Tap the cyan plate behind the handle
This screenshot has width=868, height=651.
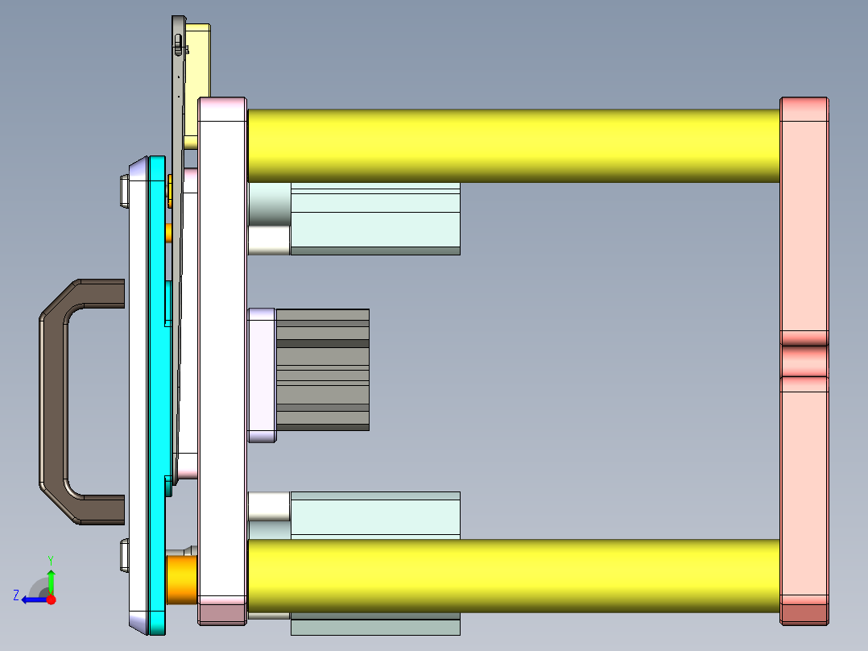coord(157,387)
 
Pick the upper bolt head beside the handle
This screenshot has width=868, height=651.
coord(123,190)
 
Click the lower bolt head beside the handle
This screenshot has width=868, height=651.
coord(123,556)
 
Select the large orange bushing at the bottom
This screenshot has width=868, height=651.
coord(180,578)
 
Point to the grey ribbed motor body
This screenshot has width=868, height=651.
coord(322,370)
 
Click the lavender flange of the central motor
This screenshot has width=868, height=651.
coord(261,375)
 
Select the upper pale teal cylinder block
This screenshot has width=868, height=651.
coord(374,218)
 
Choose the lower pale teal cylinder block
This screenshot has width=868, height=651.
coord(374,516)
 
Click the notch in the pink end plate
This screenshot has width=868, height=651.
coord(804,354)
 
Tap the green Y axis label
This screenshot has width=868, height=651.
coord(50,558)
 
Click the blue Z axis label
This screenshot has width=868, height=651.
coord(16,595)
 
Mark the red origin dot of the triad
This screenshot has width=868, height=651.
coord(51,599)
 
